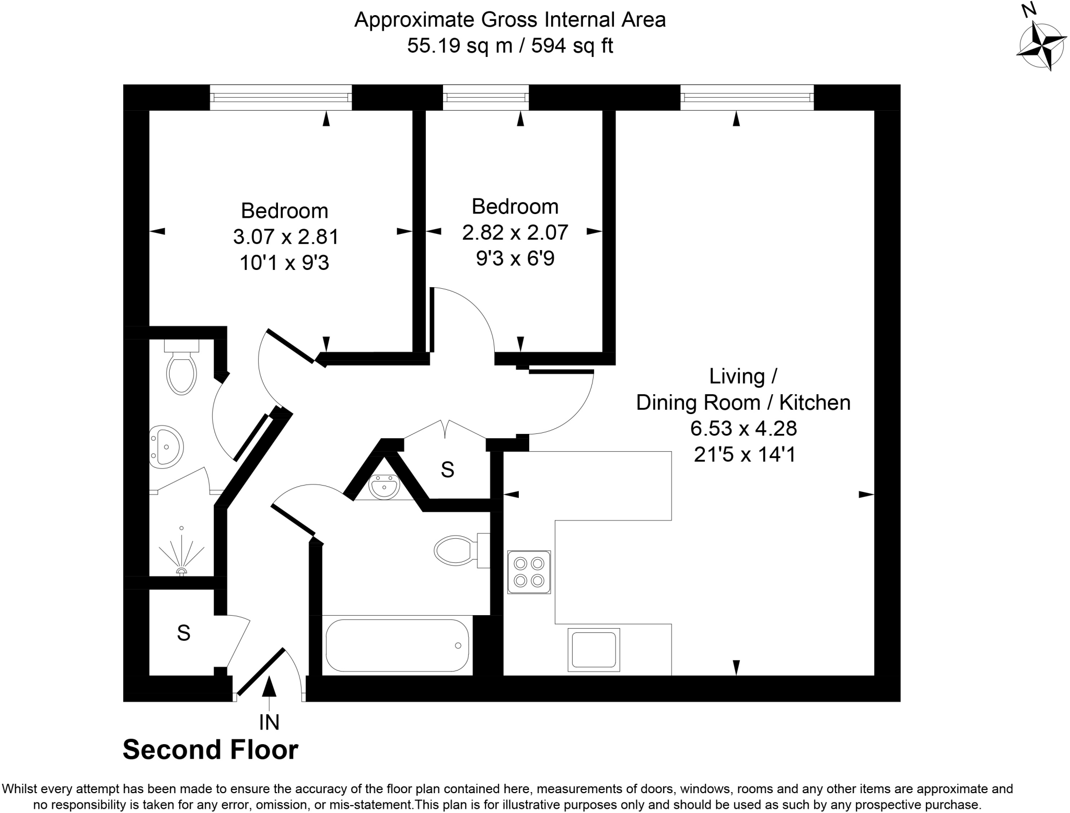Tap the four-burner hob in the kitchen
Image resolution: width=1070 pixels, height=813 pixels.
click(529, 572)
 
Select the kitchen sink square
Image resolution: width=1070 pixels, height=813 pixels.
click(594, 650)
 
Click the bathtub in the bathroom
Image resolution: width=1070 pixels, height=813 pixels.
click(397, 645)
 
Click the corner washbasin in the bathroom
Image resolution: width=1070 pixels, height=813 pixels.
click(384, 487)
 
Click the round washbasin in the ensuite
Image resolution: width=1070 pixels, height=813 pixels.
click(166, 445)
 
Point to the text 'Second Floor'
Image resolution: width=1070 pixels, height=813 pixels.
click(210, 750)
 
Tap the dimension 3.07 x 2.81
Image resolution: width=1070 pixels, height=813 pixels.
click(286, 237)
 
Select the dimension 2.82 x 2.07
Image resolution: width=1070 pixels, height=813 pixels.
click(515, 232)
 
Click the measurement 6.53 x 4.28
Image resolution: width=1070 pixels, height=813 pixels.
click(743, 429)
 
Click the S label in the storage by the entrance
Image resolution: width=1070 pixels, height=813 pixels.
click(183, 633)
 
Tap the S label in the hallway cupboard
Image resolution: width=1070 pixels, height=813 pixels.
click(447, 470)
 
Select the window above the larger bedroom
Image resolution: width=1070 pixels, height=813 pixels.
click(281, 97)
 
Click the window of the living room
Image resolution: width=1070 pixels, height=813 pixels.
click(747, 97)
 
